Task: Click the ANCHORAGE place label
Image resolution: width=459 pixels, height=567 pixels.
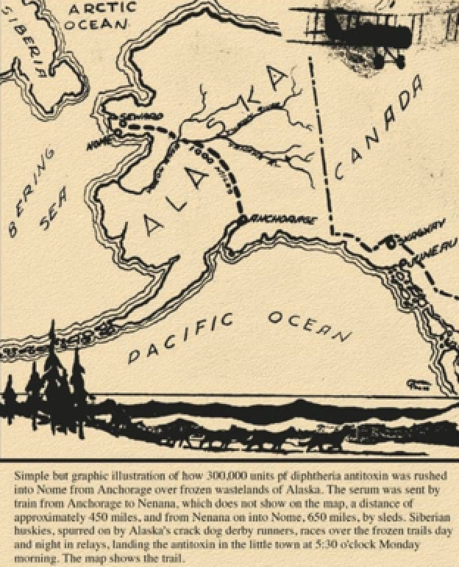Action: coord(283,219)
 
